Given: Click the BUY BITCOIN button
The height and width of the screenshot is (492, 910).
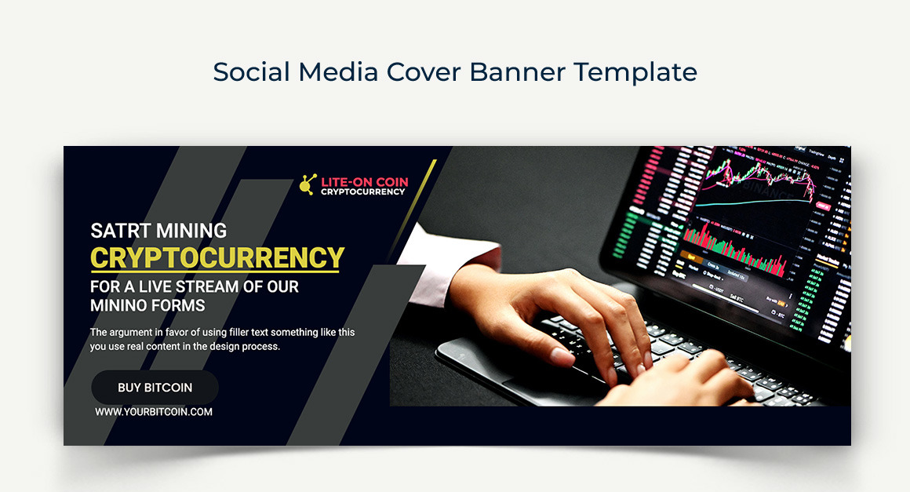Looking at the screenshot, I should point(155,388).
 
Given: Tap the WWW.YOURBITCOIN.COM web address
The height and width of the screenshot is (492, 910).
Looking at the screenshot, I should point(154,411).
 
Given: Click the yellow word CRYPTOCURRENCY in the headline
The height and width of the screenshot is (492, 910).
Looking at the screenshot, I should point(217,257).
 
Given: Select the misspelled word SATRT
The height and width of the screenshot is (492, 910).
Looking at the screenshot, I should point(120,231).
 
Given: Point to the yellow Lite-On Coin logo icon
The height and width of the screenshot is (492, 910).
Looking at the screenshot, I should point(308,184).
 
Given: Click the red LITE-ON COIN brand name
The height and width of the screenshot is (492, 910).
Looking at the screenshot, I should point(364,182).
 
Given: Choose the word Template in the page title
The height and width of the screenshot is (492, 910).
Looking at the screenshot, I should point(635,72).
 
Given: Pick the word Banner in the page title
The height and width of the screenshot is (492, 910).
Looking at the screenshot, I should point(518,72).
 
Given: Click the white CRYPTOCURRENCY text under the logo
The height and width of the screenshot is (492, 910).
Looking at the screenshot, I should point(362,192).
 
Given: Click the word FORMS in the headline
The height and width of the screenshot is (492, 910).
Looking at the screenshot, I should point(182,306).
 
